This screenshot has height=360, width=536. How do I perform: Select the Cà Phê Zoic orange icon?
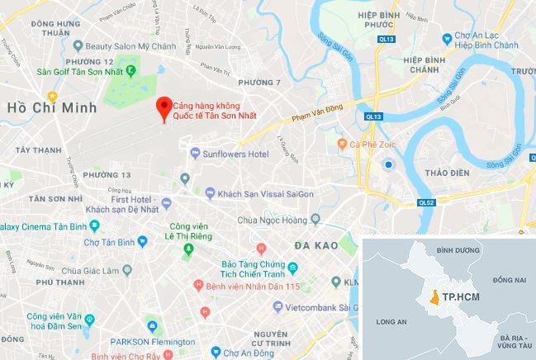(343, 144)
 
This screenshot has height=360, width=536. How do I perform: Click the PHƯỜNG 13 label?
(107, 175)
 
